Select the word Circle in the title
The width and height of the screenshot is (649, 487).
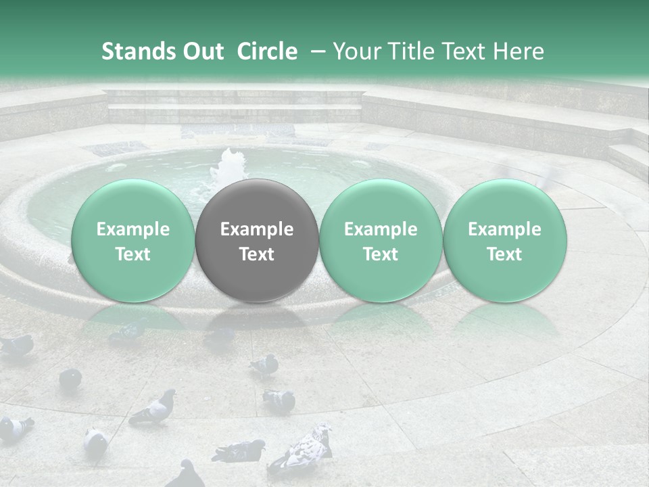click(x=267, y=51)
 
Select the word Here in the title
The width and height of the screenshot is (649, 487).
click(x=519, y=51)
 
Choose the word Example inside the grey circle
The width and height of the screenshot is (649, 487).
click(x=257, y=229)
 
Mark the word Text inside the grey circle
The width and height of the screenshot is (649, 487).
click(x=257, y=254)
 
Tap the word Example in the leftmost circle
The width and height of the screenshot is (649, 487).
click(x=133, y=229)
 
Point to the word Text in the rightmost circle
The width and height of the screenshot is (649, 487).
click(x=505, y=254)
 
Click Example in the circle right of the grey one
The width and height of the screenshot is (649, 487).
click(x=381, y=229)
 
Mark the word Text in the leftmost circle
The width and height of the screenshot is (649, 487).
click(x=133, y=254)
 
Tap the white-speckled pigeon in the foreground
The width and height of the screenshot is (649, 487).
click(x=308, y=447)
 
